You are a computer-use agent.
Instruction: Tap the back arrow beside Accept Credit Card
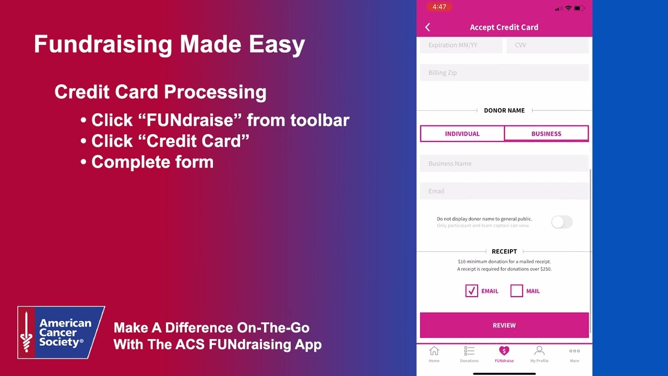428,27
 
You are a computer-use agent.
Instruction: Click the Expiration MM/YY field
461,45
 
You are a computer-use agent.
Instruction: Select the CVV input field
547,45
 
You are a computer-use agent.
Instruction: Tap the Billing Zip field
504,73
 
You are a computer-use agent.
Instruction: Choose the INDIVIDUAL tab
462,134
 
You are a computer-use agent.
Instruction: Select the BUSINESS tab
546,134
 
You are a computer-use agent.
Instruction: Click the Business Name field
504,163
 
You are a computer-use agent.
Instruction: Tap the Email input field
504,191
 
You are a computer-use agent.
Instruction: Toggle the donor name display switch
562,222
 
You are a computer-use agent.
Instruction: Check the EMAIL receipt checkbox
472,291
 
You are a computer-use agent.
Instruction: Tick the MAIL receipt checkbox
517,291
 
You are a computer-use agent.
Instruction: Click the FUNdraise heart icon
504,351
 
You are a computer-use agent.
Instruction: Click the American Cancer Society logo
61,333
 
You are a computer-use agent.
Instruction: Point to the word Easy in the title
277,44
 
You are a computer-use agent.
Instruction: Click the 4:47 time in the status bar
439,7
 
